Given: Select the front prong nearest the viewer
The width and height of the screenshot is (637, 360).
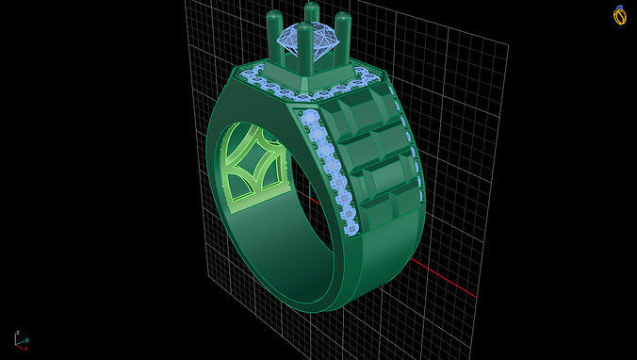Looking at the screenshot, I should click(x=304, y=52).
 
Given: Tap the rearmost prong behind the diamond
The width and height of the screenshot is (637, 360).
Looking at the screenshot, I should click(x=311, y=14).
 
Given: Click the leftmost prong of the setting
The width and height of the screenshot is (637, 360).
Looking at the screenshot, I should click(x=274, y=34).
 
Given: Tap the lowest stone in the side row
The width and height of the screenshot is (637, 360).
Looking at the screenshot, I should click(x=351, y=227).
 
